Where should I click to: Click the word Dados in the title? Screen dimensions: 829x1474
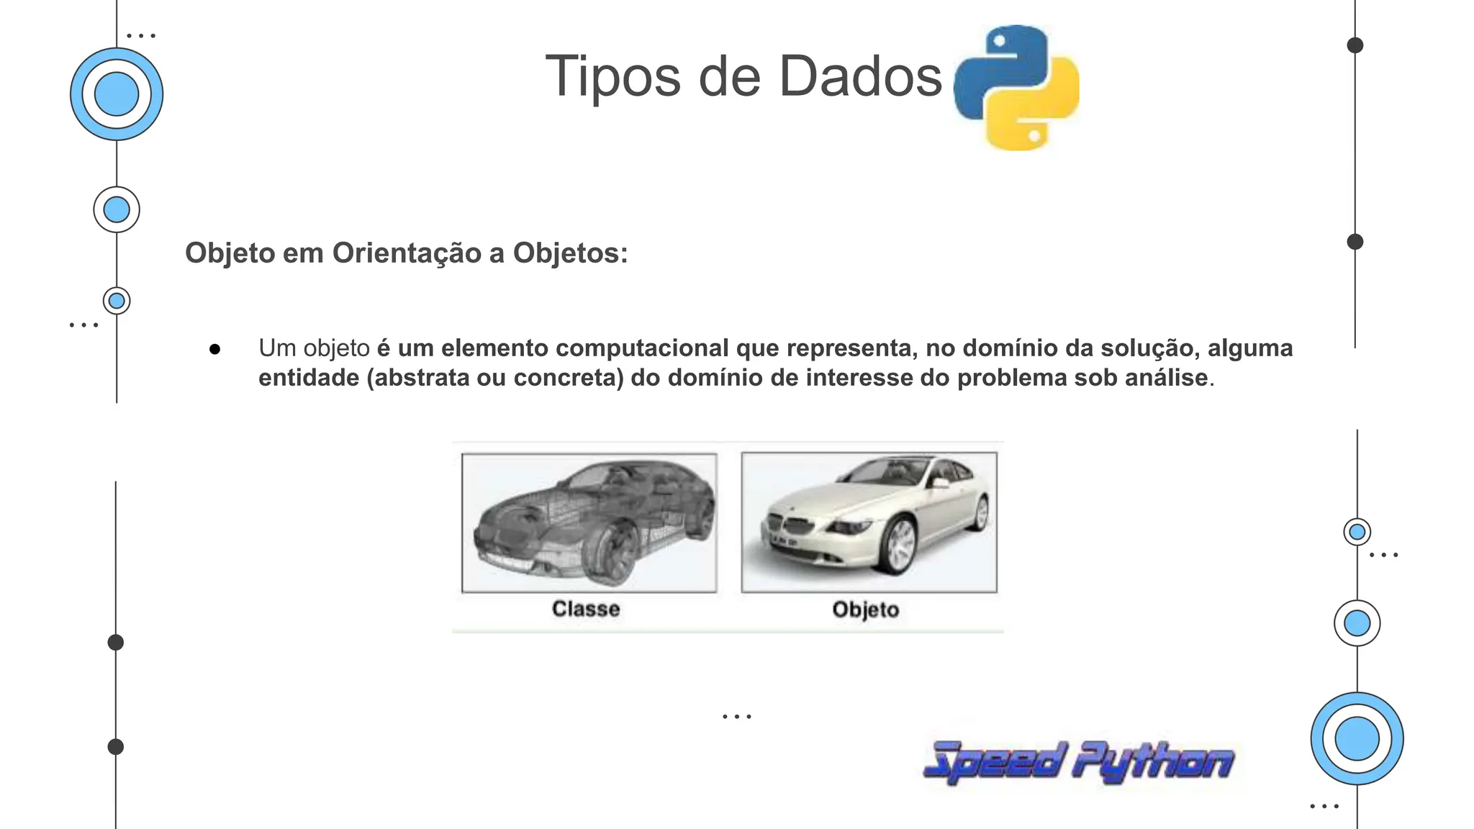coord(860,77)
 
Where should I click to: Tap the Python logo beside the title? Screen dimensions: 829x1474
coord(1016,87)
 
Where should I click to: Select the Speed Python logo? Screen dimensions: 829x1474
coord(1077,761)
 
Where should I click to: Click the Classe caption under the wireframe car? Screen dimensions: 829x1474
coord(586,609)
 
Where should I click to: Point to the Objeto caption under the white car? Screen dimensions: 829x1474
coord(866,610)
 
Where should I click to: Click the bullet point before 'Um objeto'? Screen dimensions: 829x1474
coord(214,350)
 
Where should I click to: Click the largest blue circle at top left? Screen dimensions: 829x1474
coord(117,94)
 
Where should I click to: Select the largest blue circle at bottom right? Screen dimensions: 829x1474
coord(1357,738)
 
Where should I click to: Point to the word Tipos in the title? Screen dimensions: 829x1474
coord(612,77)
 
